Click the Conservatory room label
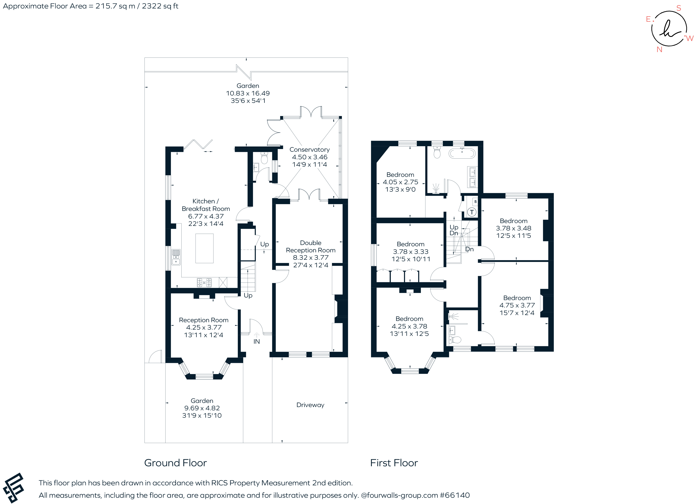pyautogui.click(x=309, y=149)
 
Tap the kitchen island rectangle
pyautogui.click(x=204, y=248)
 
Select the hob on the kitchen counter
pyautogui.click(x=204, y=282)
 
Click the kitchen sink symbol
pyautogui.click(x=176, y=257)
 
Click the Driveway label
pyautogui.click(x=310, y=405)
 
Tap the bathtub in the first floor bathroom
pyautogui.click(x=462, y=153)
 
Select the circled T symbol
pyautogui.click(x=472, y=212)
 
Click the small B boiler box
pyautogui.click(x=475, y=202)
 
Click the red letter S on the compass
pyautogui.click(x=678, y=8)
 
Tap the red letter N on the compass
pyautogui.click(x=659, y=50)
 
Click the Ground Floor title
pyautogui.click(x=176, y=463)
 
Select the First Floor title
pyautogui.click(x=394, y=463)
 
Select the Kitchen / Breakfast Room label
pyautogui.click(x=206, y=205)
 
